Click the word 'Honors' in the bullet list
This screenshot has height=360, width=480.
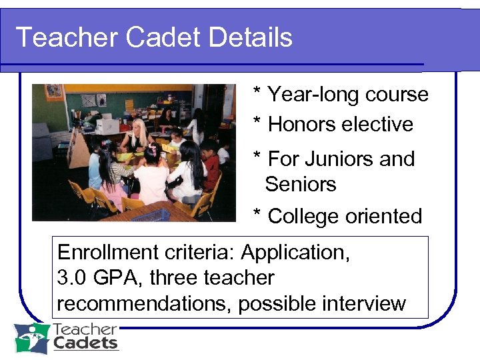coord(302,125)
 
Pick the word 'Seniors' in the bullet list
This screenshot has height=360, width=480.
coord(301,184)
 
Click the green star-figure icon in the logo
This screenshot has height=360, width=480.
coord(31,338)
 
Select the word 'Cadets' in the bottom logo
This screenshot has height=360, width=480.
coord(85,344)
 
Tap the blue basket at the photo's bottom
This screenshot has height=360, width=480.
coord(150,215)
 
